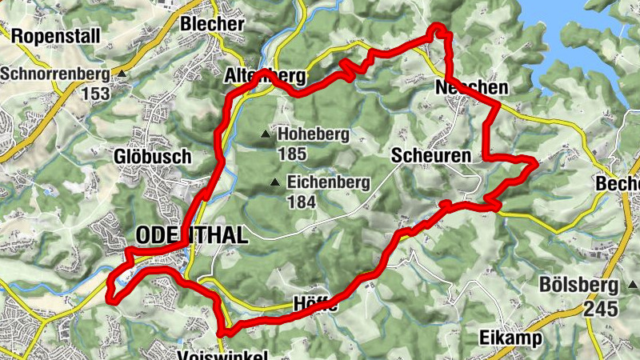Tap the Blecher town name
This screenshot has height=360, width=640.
[212, 24]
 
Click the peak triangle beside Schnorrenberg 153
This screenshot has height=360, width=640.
[121, 74]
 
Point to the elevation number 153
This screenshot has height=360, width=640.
[95, 93]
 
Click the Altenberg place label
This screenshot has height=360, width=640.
[264, 78]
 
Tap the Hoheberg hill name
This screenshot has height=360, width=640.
[314, 134]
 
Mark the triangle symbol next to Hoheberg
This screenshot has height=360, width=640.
[265, 134]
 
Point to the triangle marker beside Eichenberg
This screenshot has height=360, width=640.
[275, 182]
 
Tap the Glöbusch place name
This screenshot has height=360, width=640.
[152, 156]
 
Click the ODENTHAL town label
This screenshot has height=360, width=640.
[193, 235]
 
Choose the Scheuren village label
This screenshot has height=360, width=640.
[431, 157]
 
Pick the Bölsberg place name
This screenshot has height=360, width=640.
[578, 285]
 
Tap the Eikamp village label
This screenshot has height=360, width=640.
[511, 338]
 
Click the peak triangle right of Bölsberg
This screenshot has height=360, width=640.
[633, 285]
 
